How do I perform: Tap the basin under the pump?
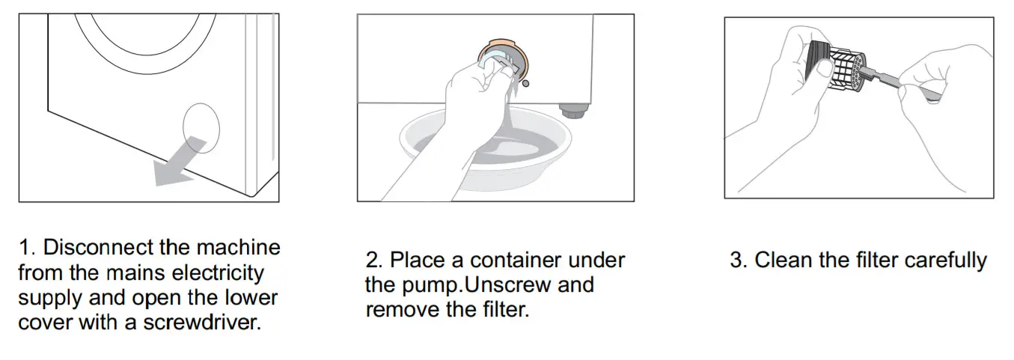(x=486, y=150)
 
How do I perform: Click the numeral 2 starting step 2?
(x=372, y=260)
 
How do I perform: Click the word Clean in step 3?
(x=781, y=260)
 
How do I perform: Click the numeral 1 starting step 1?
(x=22, y=247)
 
